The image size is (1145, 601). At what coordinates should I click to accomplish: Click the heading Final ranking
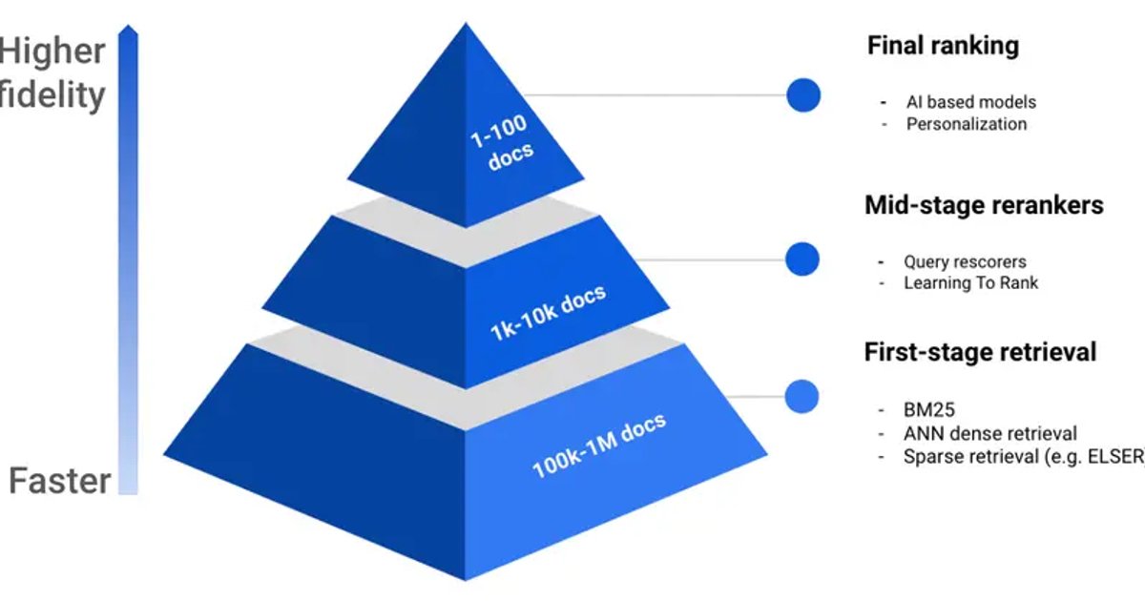[943, 46]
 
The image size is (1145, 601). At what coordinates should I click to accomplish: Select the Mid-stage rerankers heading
[984, 205]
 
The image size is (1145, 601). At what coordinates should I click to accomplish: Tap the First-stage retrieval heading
[980, 352]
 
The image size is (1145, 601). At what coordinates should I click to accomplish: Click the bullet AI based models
[970, 102]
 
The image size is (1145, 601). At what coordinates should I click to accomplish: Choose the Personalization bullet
[967, 124]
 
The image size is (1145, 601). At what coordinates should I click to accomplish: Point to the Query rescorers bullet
[965, 261]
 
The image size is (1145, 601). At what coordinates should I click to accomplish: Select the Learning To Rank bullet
[970, 282]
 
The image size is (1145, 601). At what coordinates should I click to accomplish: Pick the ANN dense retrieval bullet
[989, 434]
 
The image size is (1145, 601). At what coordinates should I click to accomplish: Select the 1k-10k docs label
[548, 313]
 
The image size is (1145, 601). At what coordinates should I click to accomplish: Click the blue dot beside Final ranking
[803, 95]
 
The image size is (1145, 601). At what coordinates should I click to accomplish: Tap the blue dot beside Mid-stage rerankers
[802, 259]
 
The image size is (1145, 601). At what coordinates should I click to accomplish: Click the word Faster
[59, 480]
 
